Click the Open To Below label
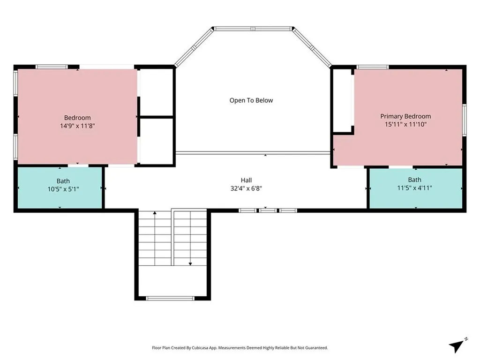(x=251, y=100)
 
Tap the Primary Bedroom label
(x=405, y=116)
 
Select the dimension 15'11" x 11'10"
(x=405, y=124)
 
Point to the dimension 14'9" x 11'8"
(x=77, y=126)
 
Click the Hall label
(x=246, y=180)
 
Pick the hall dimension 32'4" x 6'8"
(x=246, y=188)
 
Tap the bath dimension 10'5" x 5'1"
(x=63, y=189)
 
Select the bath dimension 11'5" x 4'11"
(x=414, y=188)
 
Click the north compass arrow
(x=457, y=346)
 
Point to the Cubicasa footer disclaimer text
(x=240, y=348)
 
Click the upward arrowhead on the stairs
(x=155, y=213)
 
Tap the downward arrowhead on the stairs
(x=190, y=263)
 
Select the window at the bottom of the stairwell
(x=170, y=298)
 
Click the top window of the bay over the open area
(x=253, y=29)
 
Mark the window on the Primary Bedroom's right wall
(x=464, y=120)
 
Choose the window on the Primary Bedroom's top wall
(x=372, y=67)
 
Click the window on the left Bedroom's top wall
(x=52, y=67)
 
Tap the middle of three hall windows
(x=268, y=210)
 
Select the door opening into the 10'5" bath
(x=78, y=165)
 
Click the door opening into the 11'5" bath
(x=401, y=167)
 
